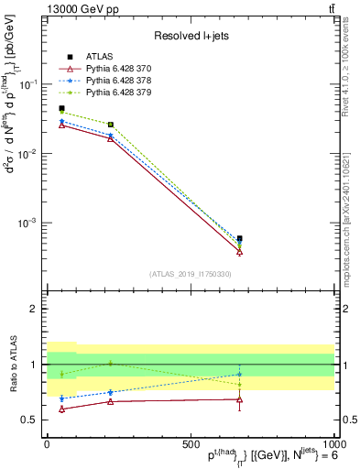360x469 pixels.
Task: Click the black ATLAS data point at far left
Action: coord(61,108)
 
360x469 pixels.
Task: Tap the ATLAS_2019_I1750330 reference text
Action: coord(190,274)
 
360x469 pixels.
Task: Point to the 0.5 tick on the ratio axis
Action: coord(32,420)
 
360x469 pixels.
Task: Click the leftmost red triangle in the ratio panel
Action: coord(61,409)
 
